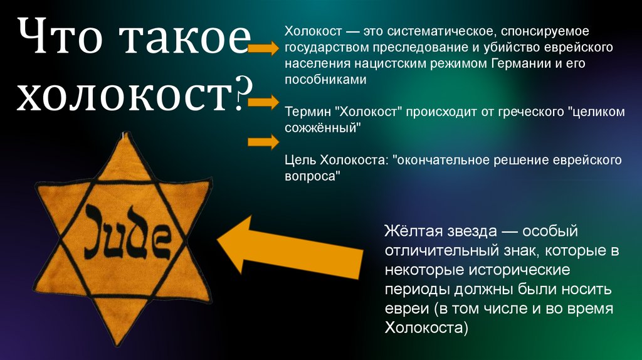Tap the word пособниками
coord(325,80)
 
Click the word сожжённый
coord(324,129)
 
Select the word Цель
coord(300,161)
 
